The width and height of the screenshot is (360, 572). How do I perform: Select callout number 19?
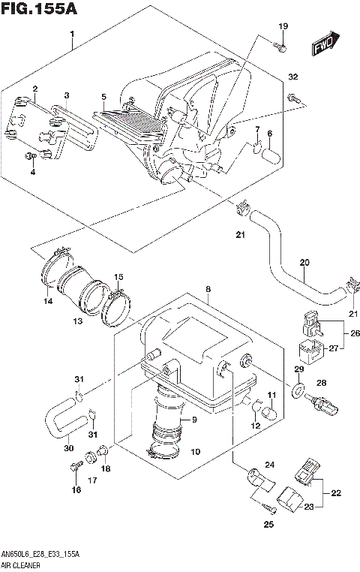tap(283, 27)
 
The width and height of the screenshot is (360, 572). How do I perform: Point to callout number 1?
tap(72, 35)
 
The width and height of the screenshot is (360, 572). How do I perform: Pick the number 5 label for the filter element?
tap(103, 97)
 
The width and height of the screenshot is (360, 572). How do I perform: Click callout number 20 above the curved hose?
tap(304, 262)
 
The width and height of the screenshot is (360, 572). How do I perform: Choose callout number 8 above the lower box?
tap(208, 289)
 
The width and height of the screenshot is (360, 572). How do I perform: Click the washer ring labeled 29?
tap(298, 391)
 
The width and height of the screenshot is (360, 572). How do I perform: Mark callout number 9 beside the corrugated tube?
tap(193, 420)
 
